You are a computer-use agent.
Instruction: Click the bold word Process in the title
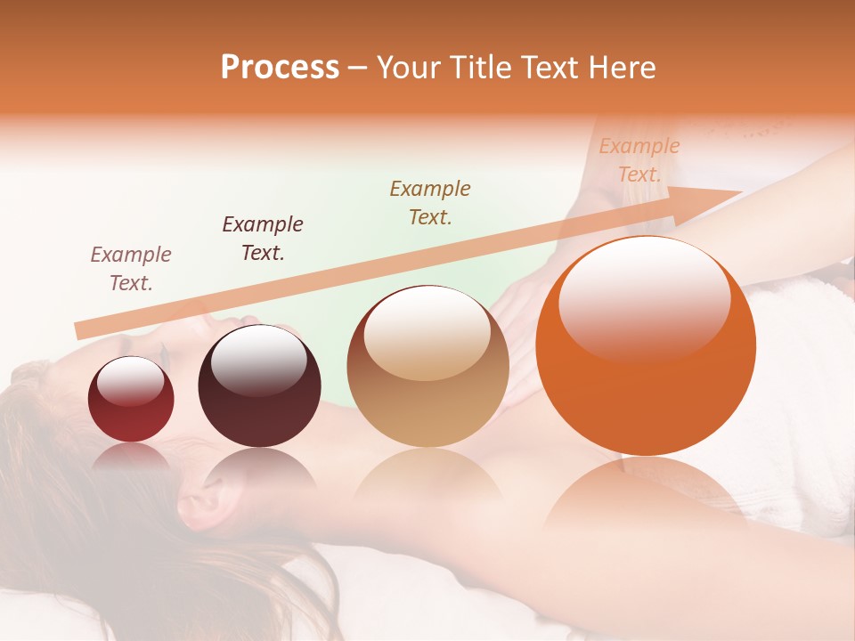(x=280, y=68)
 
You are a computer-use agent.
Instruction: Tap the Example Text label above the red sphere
(x=131, y=268)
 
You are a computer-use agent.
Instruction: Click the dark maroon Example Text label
(x=263, y=238)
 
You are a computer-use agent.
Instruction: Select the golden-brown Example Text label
(x=430, y=202)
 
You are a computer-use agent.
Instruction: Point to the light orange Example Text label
(x=639, y=160)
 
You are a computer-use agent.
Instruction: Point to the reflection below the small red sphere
(x=131, y=458)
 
